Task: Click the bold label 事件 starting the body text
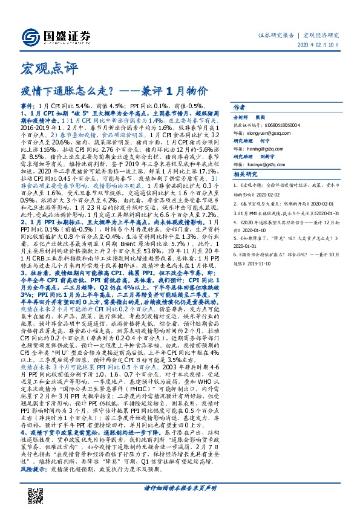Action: click(28, 105)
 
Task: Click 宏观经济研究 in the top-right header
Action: click(321, 36)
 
